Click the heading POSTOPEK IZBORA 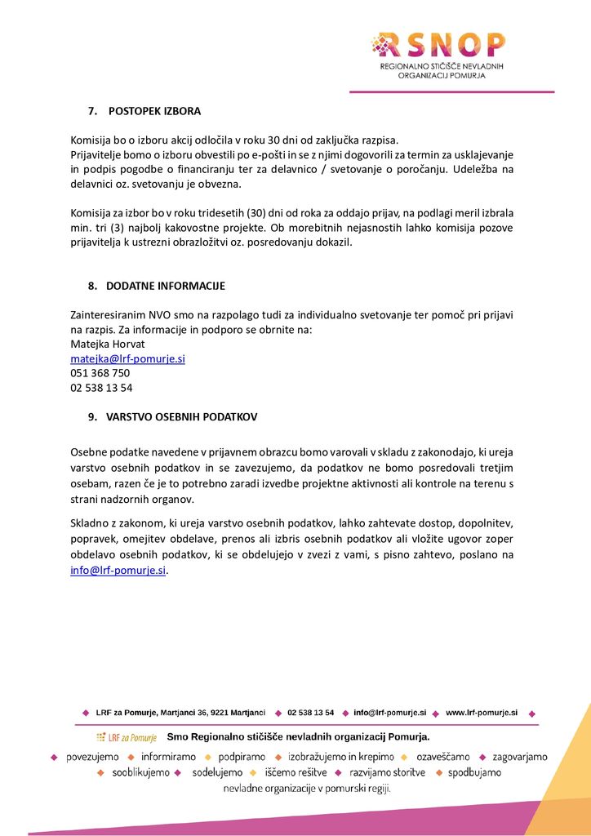tap(154, 111)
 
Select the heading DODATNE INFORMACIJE tap(165, 286)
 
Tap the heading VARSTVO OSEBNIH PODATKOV tap(181, 416)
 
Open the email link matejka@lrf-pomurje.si tap(127, 358)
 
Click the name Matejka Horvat tap(107, 344)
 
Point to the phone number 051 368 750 tap(100, 373)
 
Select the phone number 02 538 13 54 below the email tap(101, 388)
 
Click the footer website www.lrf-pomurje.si tap(482, 713)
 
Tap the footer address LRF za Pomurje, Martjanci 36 tap(180, 713)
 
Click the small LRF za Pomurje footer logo tap(126, 738)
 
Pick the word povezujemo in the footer tap(91, 757)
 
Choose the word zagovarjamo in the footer tap(520, 757)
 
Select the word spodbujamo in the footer tap(474, 772)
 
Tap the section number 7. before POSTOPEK tap(93, 111)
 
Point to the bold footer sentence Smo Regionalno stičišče tap(298, 737)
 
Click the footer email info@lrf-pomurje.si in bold tap(389, 713)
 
